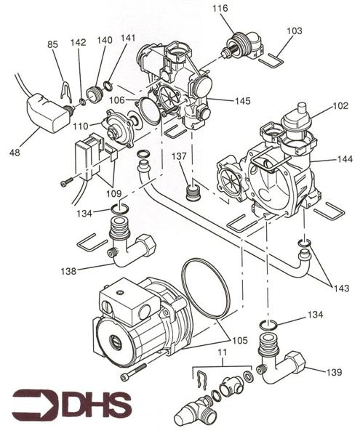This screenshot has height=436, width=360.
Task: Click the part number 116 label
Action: point(220,8)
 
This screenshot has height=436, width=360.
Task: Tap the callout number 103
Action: point(295,31)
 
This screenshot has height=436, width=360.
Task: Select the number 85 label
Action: point(52,44)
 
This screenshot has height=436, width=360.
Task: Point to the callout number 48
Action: point(15,153)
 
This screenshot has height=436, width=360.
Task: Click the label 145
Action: point(243,101)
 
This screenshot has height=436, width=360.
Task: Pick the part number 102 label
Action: point(340,105)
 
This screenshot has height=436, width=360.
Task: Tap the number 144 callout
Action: point(345,158)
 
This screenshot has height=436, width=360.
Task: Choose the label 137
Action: point(179,156)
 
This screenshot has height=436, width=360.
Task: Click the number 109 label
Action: point(113,193)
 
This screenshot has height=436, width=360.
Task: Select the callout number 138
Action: point(68,271)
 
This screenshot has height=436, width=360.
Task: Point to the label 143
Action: point(341,288)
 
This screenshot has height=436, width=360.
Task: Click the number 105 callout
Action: point(240,340)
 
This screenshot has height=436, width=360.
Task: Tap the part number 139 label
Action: point(334,372)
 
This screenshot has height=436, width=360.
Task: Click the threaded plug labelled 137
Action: point(192,191)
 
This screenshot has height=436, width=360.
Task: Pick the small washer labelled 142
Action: point(83,102)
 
